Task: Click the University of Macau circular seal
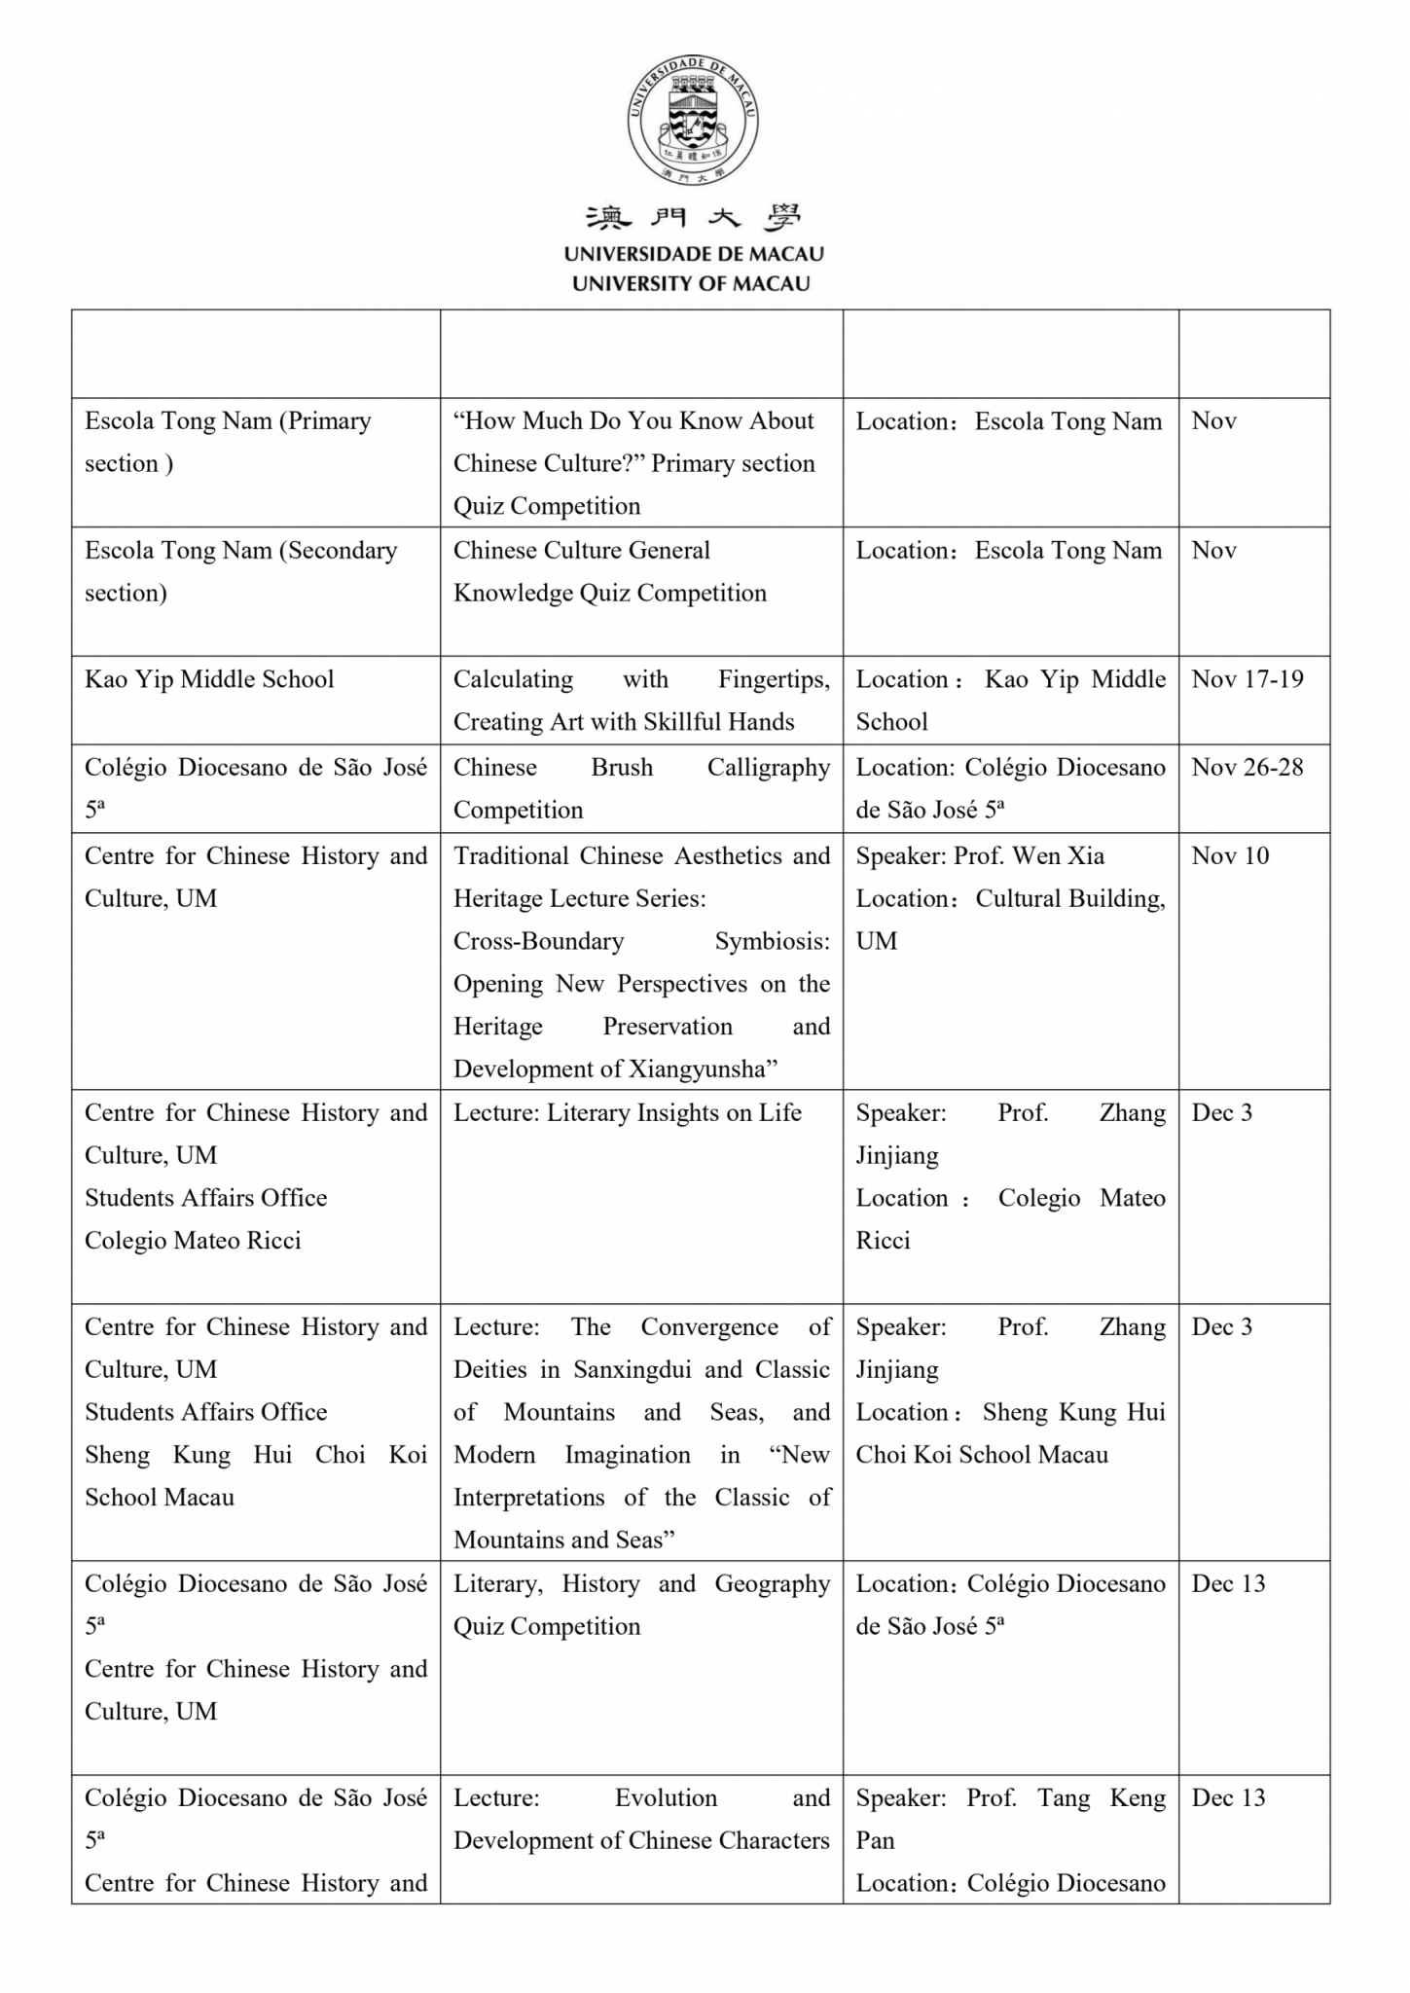point(693,120)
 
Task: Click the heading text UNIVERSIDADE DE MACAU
point(693,254)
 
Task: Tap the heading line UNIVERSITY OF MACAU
point(691,284)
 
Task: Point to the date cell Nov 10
point(1230,855)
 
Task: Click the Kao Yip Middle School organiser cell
point(209,679)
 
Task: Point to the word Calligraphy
point(768,767)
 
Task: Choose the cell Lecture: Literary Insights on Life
point(627,1112)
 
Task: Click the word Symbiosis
point(772,941)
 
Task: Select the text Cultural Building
point(1070,898)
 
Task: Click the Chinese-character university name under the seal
point(693,218)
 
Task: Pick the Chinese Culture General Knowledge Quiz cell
point(610,571)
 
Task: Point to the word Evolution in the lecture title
point(666,1797)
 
